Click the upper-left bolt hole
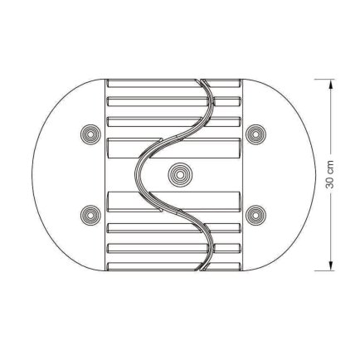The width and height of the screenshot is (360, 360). point(90,134)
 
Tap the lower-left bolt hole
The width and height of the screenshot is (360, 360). point(90,215)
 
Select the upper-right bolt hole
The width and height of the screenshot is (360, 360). point(255,134)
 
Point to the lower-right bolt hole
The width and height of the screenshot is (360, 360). point(255,215)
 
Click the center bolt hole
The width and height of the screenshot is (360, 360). point(180,175)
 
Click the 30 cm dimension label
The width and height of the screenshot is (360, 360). point(330,175)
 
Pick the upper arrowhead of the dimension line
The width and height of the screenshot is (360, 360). point(331,84)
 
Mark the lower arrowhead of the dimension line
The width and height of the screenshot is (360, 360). point(331,265)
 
